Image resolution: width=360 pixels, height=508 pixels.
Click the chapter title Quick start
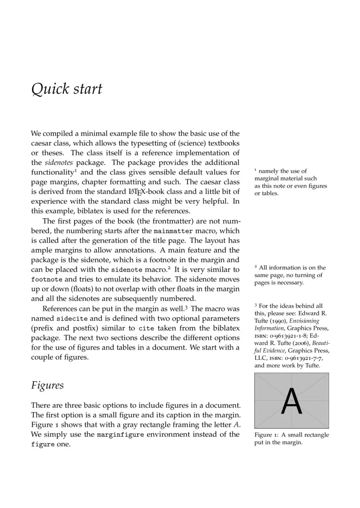click(67, 89)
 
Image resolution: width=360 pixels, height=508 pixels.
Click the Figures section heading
click(47, 386)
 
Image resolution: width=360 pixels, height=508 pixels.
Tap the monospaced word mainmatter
click(173, 230)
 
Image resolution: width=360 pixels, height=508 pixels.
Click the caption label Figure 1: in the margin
click(267, 435)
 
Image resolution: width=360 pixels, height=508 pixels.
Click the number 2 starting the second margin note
click(256, 267)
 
